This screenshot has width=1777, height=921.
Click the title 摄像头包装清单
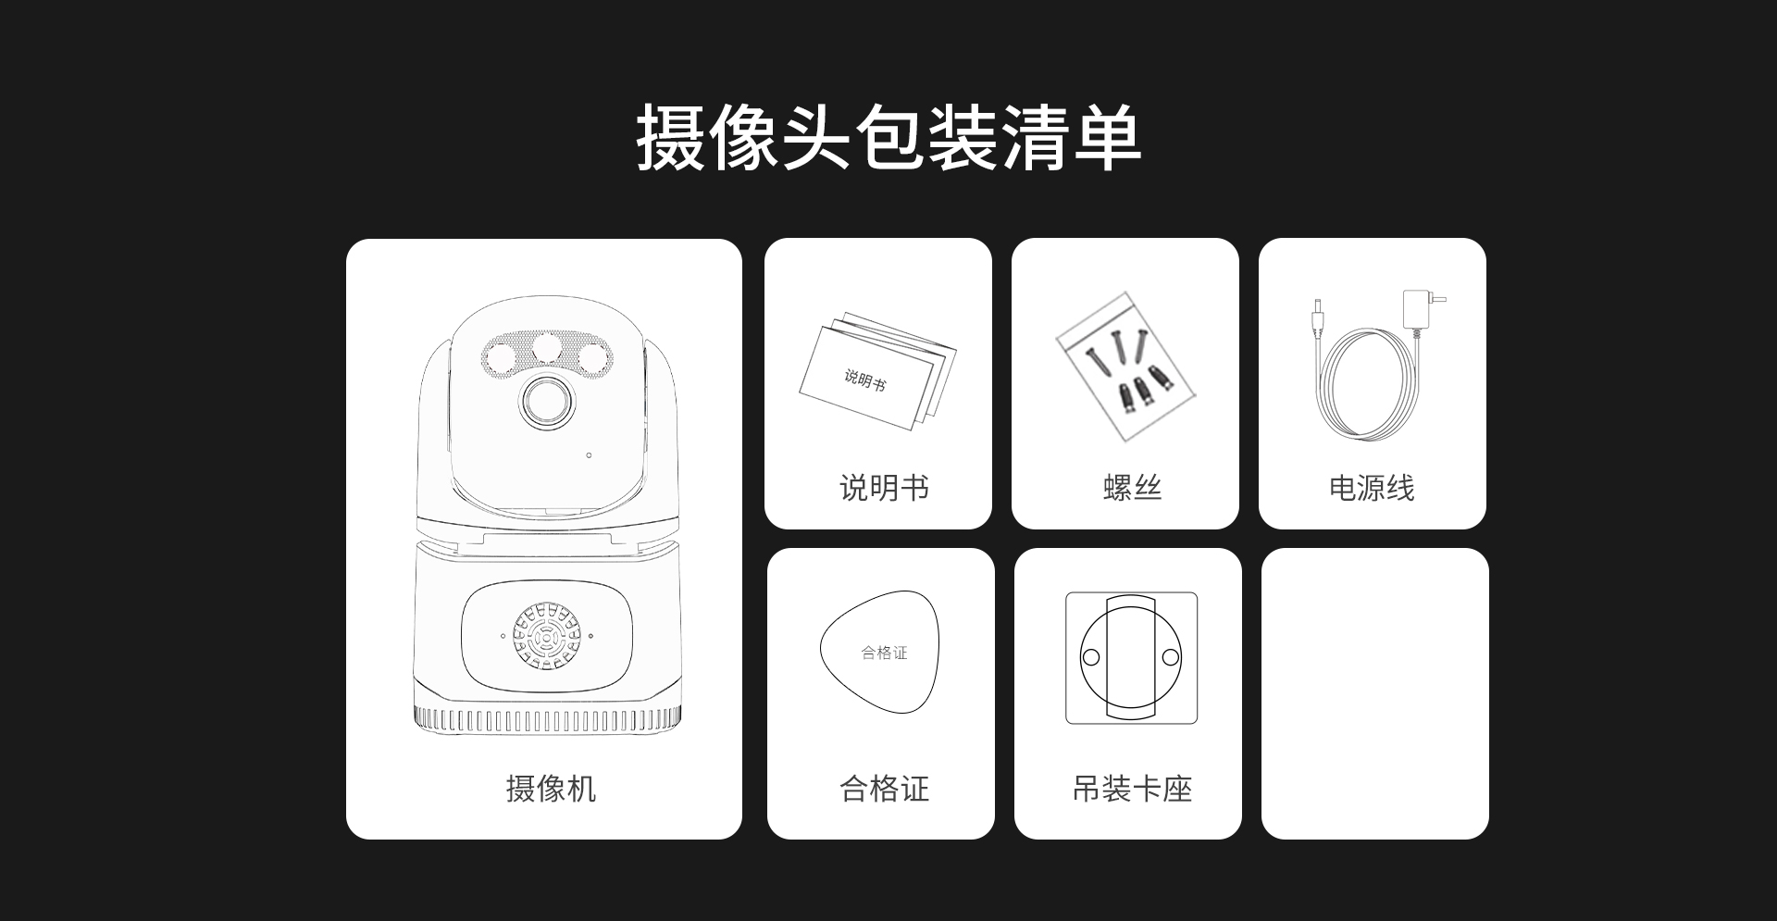[888, 137]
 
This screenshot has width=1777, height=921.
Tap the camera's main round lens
[547, 402]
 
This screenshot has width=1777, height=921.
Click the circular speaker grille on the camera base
[547, 636]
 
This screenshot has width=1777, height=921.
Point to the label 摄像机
[551, 789]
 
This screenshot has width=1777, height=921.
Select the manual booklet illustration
[877, 374]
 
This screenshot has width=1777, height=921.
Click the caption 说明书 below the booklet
[884, 488]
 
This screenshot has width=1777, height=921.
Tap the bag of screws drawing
[1125, 367]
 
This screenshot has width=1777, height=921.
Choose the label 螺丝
[1132, 488]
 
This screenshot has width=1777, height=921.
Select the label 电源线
[1372, 488]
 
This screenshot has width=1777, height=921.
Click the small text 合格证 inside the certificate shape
[884, 653]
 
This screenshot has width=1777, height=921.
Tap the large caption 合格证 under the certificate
[884, 789]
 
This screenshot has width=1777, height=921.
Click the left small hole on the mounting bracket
[1091, 657]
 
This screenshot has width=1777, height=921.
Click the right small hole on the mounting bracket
[1171, 657]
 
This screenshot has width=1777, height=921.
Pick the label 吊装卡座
[1132, 789]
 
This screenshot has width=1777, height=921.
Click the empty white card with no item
[1375, 693]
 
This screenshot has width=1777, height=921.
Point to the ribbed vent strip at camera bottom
[547, 720]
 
